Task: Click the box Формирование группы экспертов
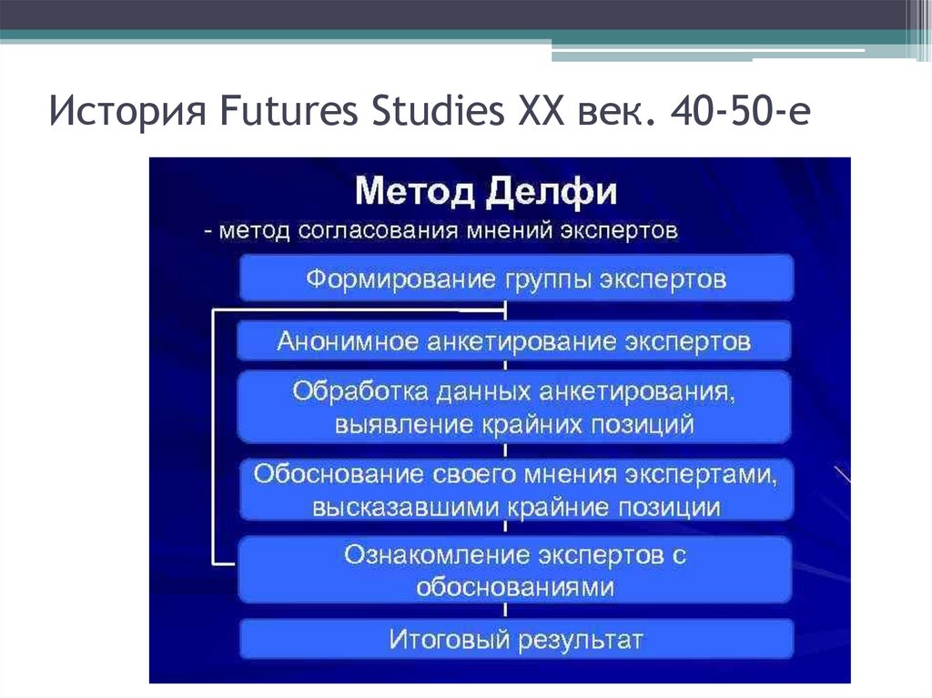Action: [516, 278]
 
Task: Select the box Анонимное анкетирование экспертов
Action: [516, 341]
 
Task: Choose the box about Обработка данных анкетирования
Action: [516, 406]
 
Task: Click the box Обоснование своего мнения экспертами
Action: [516, 490]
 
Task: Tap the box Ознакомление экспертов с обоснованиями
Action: [516, 570]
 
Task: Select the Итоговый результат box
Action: [516, 640]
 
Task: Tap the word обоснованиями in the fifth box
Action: [515, 587]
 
